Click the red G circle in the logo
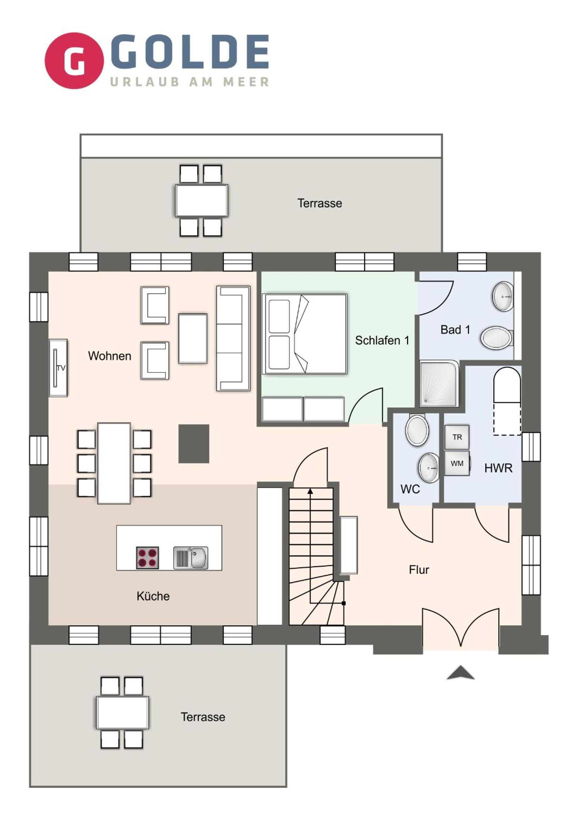pyautogui.click(x=74, y=61)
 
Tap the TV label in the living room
pyautogui.click(x=61, y=368)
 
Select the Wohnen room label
pyautogui.click(x=110, y=356)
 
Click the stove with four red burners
pyautogui.click(x=147, y=557)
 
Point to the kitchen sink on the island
pyautogui.click(x=191, y=558)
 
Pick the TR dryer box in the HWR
pyautogui.click(x=457, y=437)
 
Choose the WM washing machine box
pyautogui.click(x=457, y=463)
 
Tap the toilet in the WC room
pyautogui.click(x=417, y=429)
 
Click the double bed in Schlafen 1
pyautogui.click(x=305, y=334)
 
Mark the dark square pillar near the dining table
pyautogui.click(x=194, y=444)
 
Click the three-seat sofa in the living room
pyautogui.click(x=233, y=338)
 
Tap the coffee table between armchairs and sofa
pyautogui.click(x=193, y=338)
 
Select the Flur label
pyautogui.click(x=419, y=570)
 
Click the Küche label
pyautogui.click(x=153, y=596)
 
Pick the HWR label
pyautogui.click(x=498, y=468)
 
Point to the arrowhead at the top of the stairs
pyautogui.click(x=311, y=491)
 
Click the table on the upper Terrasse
pyautogui.click(x=201, y=201)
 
